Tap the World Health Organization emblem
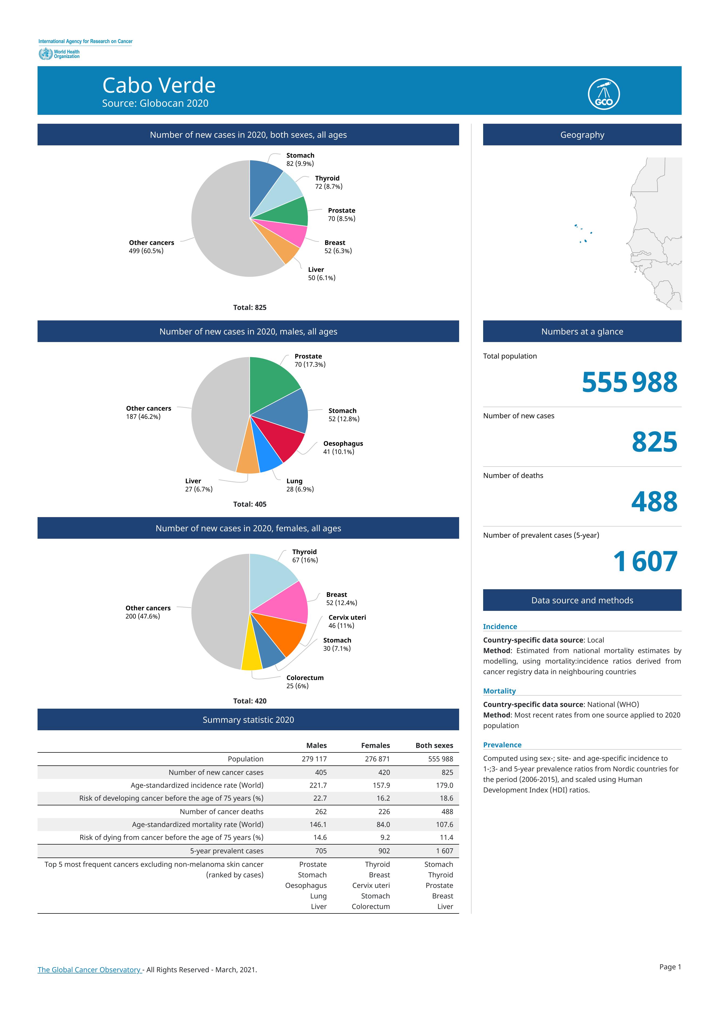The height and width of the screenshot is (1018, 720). tap(45, 54)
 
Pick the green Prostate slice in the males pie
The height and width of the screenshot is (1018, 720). tap(271, 381)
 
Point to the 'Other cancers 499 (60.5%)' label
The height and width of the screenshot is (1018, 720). tap(151, 247)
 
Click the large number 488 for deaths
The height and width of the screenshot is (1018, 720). tap(654, 502)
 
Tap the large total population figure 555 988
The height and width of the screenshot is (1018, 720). tap(630, 382)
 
